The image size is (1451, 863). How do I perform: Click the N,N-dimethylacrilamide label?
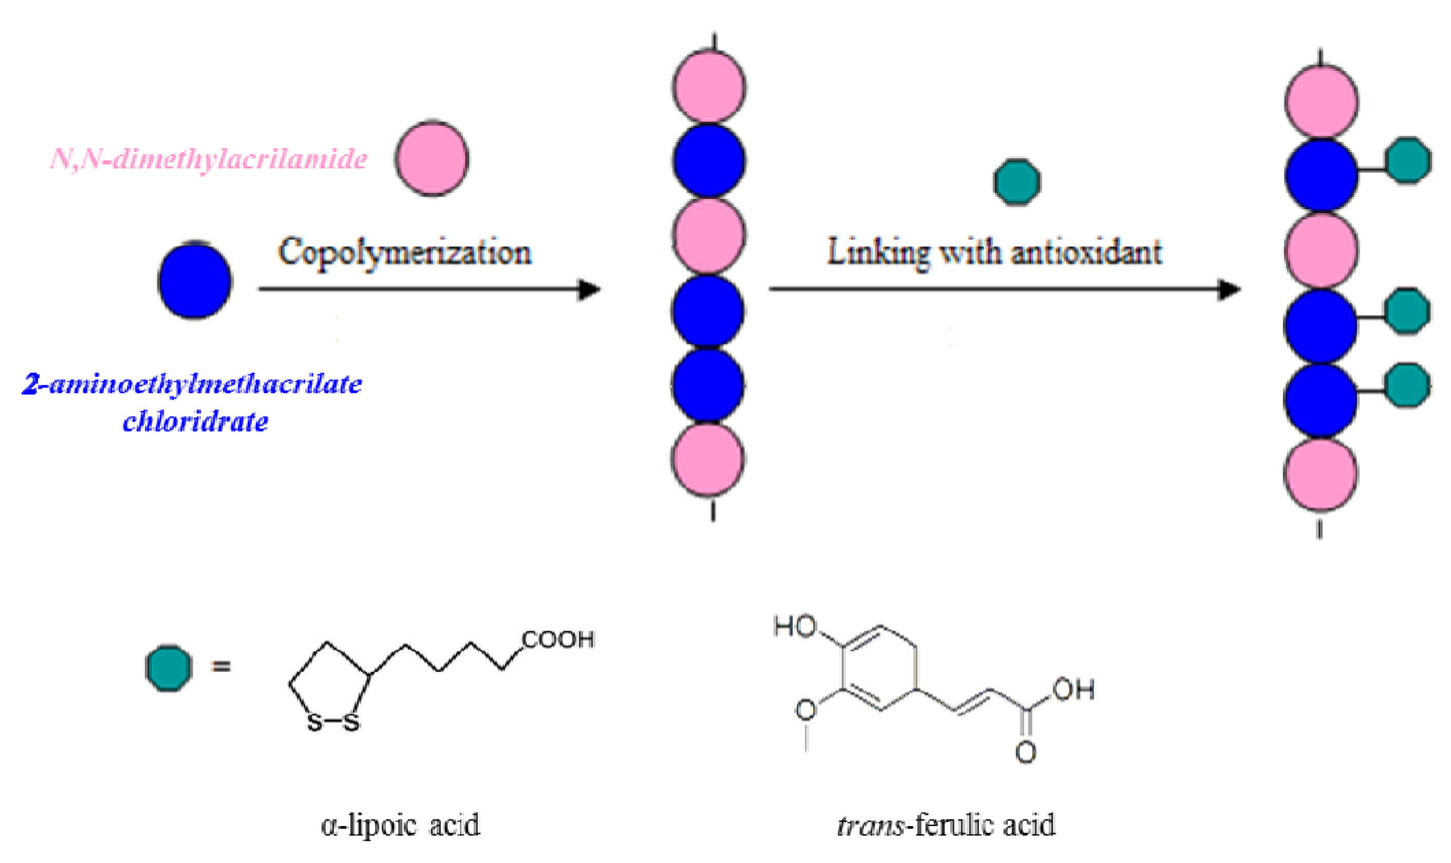tap(209, 159)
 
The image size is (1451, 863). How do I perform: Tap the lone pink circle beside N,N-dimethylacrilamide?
tap(432, 159)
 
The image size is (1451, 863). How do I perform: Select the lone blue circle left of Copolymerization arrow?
tap(195, 282)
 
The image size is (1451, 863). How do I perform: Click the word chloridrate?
tap(195, 421)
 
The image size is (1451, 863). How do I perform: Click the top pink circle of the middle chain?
tap(709, 87)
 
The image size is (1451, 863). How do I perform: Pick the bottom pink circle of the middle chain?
tap(708, 459)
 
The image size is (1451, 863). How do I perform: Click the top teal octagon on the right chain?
tap(1407, 160)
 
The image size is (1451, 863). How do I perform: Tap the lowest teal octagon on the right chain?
tap(1407, 385)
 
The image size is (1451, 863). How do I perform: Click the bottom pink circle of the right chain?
tap(1320, 474)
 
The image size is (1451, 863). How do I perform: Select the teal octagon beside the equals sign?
tap(169, 668)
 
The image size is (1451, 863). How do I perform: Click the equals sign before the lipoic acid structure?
tap(221, 666)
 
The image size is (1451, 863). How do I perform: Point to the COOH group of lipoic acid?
tap(557, 640)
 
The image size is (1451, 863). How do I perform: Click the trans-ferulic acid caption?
tap(945, 825)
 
